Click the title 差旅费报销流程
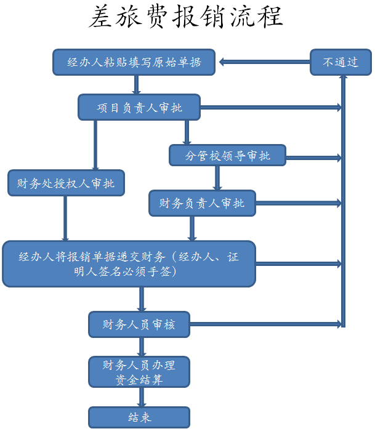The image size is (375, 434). click(x=186, y=18)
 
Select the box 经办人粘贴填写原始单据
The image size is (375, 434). click(x=134, y=62)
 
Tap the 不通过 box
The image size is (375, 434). click(x=341, y=62)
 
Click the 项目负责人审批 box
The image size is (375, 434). click(x=139, y=108)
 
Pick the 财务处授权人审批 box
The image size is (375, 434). click(x=66, y=183)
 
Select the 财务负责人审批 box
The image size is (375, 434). click(x=201, y=203)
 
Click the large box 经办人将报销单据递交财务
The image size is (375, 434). click(x=129, y=263)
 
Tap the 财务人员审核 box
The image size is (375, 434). click(x=139, y=324)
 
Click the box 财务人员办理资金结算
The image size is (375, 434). click(x=139, y=372)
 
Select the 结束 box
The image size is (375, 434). click(x=139, y=417)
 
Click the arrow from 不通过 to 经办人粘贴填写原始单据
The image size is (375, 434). click(x=264, y=62)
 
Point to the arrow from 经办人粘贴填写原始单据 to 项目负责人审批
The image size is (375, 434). click(x=136, y=84)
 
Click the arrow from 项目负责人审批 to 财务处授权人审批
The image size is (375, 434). click(x=95, y=145)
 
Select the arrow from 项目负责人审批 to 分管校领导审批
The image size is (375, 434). click(x=187, y=132)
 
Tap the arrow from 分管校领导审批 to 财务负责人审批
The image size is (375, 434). click(x=217, y=178)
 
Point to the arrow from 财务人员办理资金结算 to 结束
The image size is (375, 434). click(x=142, y=397)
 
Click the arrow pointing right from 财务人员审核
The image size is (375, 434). click(x=265, y=324)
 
